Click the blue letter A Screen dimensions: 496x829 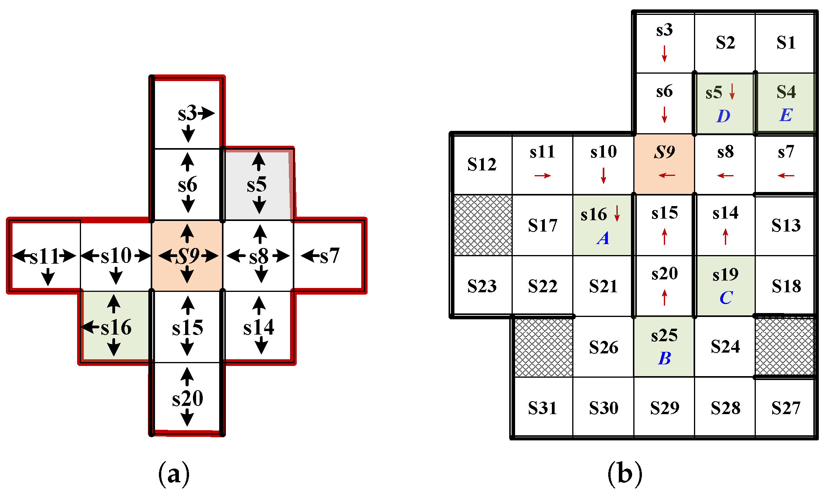(603, 238)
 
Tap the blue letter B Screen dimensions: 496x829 (664, 358)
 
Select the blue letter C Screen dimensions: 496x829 (726, 298)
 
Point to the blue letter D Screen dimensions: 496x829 (723, 116)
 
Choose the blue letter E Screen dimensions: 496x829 (786, 115)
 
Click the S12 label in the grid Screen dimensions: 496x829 (482, 165)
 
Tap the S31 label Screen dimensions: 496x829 (542, 408)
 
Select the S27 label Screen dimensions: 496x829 (786, 408)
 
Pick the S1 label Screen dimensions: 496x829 (786, 42)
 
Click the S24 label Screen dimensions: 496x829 (725, 347)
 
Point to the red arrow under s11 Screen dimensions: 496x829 (542, 176)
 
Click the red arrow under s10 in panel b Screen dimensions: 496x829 (604, 175)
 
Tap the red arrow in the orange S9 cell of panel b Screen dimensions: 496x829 (667, 175)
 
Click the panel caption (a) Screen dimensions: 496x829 (174, 474)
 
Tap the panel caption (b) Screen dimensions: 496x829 (625, 474)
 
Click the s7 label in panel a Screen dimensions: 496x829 (330, 256)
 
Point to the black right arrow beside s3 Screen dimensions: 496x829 (207, 114)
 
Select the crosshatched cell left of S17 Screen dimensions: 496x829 (483, 225)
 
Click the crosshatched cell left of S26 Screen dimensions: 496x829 (543, 347)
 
